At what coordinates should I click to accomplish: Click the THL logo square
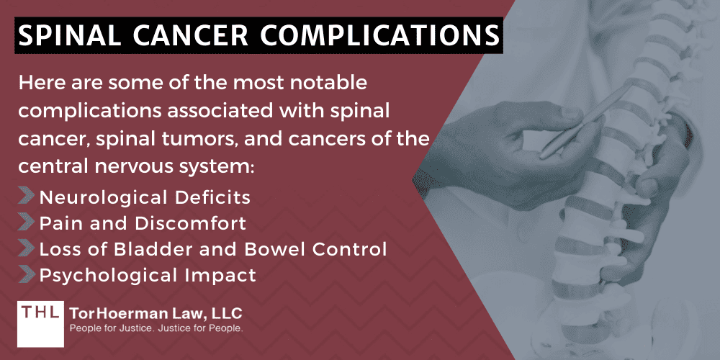tap(39, 319)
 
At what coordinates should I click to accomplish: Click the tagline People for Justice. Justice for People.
tap(156, 328)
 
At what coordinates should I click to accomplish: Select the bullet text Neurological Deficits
tap(145, 197)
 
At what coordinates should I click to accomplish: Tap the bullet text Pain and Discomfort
tap(143, 223)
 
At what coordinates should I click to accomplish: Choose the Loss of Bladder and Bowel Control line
tap(213, 249)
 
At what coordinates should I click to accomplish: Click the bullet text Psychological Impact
tap(148, 274)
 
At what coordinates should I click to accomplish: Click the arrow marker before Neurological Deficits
tap(26, 197)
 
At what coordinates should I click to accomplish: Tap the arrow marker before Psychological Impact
tap(26, 274)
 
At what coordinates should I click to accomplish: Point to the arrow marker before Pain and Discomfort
tap(26, 223)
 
